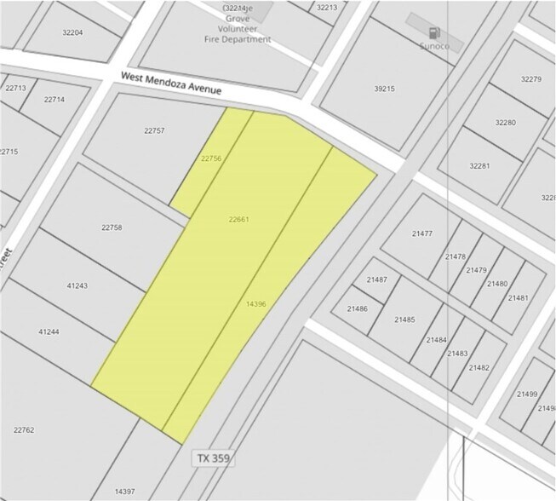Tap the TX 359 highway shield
click(x=211, y=458)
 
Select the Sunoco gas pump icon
click(x=435, y=32)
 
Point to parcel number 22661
click(x=238, y=219)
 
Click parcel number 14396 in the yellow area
click(x=255, y=303)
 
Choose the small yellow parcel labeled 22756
click(x=211, y=158)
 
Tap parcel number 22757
click(x=153, y=130)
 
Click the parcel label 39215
click(x=385, y=88)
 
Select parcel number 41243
click(x=77, y=285)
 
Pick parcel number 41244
click(x=49, y=331)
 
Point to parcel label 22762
click(x=24, y=430)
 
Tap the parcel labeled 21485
click(x=404, y=320)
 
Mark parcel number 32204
click(x=72, y=32)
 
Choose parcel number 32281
click(x=479, y=165)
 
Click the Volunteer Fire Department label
click(x=238, y=28)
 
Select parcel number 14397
click(x=124, y=491)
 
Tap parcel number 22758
click(x=112, y=227)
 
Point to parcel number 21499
click(x=527, y=394)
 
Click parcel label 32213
click(x=327, y=8)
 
